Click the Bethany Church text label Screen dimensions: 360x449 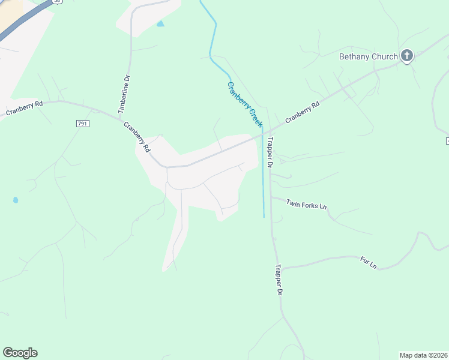point(368,57)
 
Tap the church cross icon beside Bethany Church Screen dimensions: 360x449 point(407,57)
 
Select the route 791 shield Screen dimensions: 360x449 point(83,124)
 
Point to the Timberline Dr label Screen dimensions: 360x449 point(124,95)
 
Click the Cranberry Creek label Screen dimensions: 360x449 point(245,104)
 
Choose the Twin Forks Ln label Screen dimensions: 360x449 point(306,205)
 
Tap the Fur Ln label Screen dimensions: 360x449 point(368,263)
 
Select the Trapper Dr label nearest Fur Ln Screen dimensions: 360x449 point(279,280)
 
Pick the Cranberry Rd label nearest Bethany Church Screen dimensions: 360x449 point(303,112)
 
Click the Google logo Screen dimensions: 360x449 point(20,353)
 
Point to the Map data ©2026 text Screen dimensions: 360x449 point(424,355)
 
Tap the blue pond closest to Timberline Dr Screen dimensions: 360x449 point(160,24)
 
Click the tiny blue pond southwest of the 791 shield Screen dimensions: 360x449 point(15,200)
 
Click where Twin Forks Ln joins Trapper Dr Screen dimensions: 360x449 point(271,196)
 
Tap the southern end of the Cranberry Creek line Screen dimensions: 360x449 point(264,217)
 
